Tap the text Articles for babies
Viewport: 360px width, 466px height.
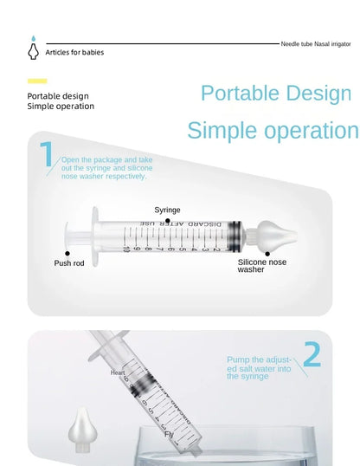(x=74, y=52)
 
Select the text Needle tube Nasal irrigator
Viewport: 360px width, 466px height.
(x=316, y=42)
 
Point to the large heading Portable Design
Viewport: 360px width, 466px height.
(x=276, y=94)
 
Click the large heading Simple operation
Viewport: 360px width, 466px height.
(x=272, y=131)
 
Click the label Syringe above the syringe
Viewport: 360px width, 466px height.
(x=167, y=210)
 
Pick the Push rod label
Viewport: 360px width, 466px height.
(x=70, y=262)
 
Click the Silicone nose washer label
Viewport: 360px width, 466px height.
(x=262, y=265)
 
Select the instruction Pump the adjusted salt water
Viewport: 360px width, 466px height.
(x=257, y=367)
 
